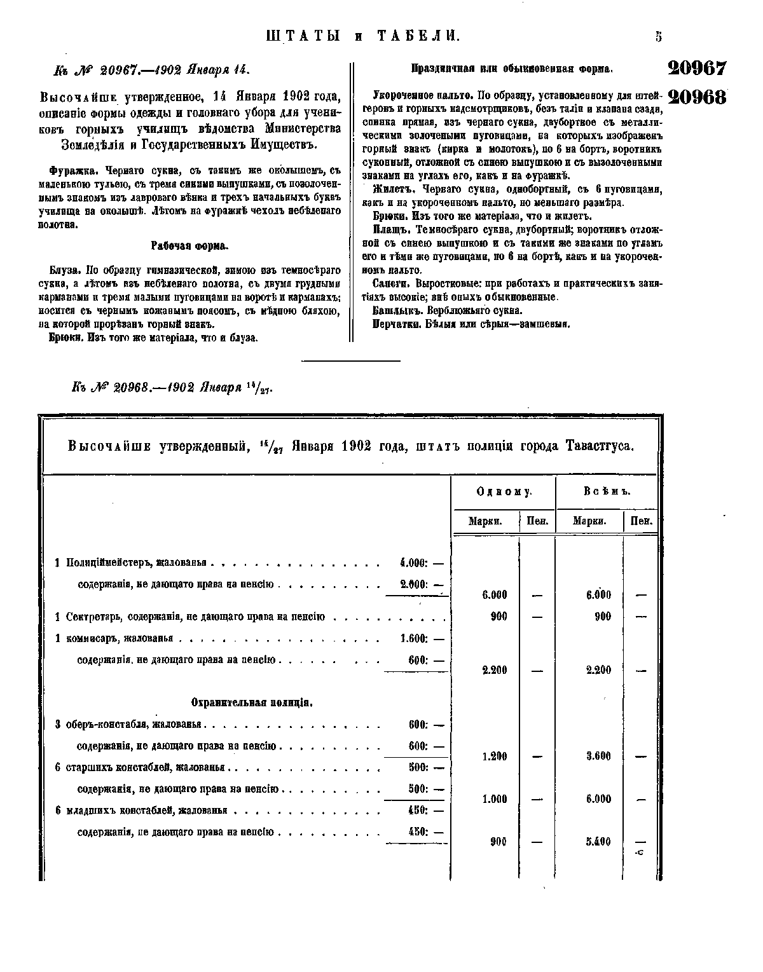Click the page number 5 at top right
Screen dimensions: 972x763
[658, 36]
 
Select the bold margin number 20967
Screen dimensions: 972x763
[696, 69]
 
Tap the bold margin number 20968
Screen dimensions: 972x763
[696, 97]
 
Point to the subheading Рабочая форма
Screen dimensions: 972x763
[190, 246]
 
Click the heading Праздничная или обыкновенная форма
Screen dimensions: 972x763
[512, 68]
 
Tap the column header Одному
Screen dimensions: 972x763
[504, 492]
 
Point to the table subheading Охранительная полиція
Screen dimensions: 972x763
[251, 702]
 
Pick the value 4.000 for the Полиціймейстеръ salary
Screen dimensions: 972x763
[413, 563]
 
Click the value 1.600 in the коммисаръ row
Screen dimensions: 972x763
[413, 638]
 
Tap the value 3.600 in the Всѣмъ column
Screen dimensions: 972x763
[598, 756]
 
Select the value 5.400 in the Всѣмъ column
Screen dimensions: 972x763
[598, 842]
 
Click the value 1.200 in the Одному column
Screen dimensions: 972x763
[495, 756]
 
